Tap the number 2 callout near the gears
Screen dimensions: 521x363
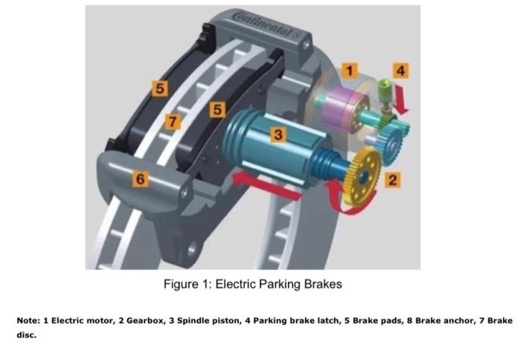392,179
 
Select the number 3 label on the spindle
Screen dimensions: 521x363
278,135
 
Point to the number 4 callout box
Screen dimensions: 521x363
401,71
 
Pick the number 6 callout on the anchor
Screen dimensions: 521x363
140,179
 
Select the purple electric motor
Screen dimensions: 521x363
347,105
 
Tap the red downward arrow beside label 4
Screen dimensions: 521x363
402,98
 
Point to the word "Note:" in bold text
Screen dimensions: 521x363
28,320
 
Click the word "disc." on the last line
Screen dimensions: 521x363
26,335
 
